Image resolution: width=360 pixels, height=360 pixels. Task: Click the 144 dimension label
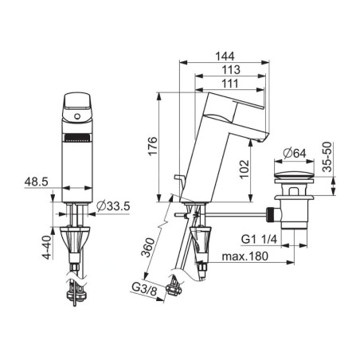[225, 57]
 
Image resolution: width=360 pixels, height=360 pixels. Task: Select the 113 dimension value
[231, 70]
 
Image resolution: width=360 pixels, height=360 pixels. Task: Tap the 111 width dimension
[230, 84]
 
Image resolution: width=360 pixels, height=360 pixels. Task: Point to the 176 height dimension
[153, 146]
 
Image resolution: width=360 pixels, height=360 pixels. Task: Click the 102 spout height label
[245, 170]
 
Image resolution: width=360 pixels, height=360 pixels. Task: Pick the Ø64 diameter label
[294, 153]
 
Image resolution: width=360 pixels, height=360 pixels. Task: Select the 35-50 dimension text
[327, 157]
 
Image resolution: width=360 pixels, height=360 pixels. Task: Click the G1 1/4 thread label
[259, 239]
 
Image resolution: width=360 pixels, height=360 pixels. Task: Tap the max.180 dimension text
[245, 256]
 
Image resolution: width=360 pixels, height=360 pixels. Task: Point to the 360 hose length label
[147, 248]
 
